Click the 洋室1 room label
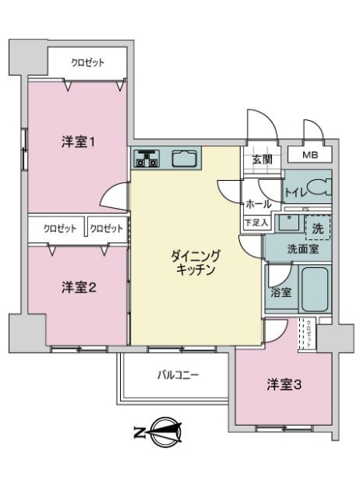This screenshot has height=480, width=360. pos(79,143)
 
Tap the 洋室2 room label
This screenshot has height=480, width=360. pos(79,288)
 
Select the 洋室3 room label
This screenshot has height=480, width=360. pos(284,386)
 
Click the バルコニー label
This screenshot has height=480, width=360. pos(177,374)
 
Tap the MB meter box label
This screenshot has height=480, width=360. pos(311,155)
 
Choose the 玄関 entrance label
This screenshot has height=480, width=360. pos(262,159)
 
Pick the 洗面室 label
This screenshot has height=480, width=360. pos(303,249)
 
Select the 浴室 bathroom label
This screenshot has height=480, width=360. pos(280,292)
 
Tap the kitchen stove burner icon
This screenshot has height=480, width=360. pos(146,159)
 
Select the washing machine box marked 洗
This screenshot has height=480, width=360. pos(318,226)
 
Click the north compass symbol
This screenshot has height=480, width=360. pos(162,433)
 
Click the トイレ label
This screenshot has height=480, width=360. pos(295,192)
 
